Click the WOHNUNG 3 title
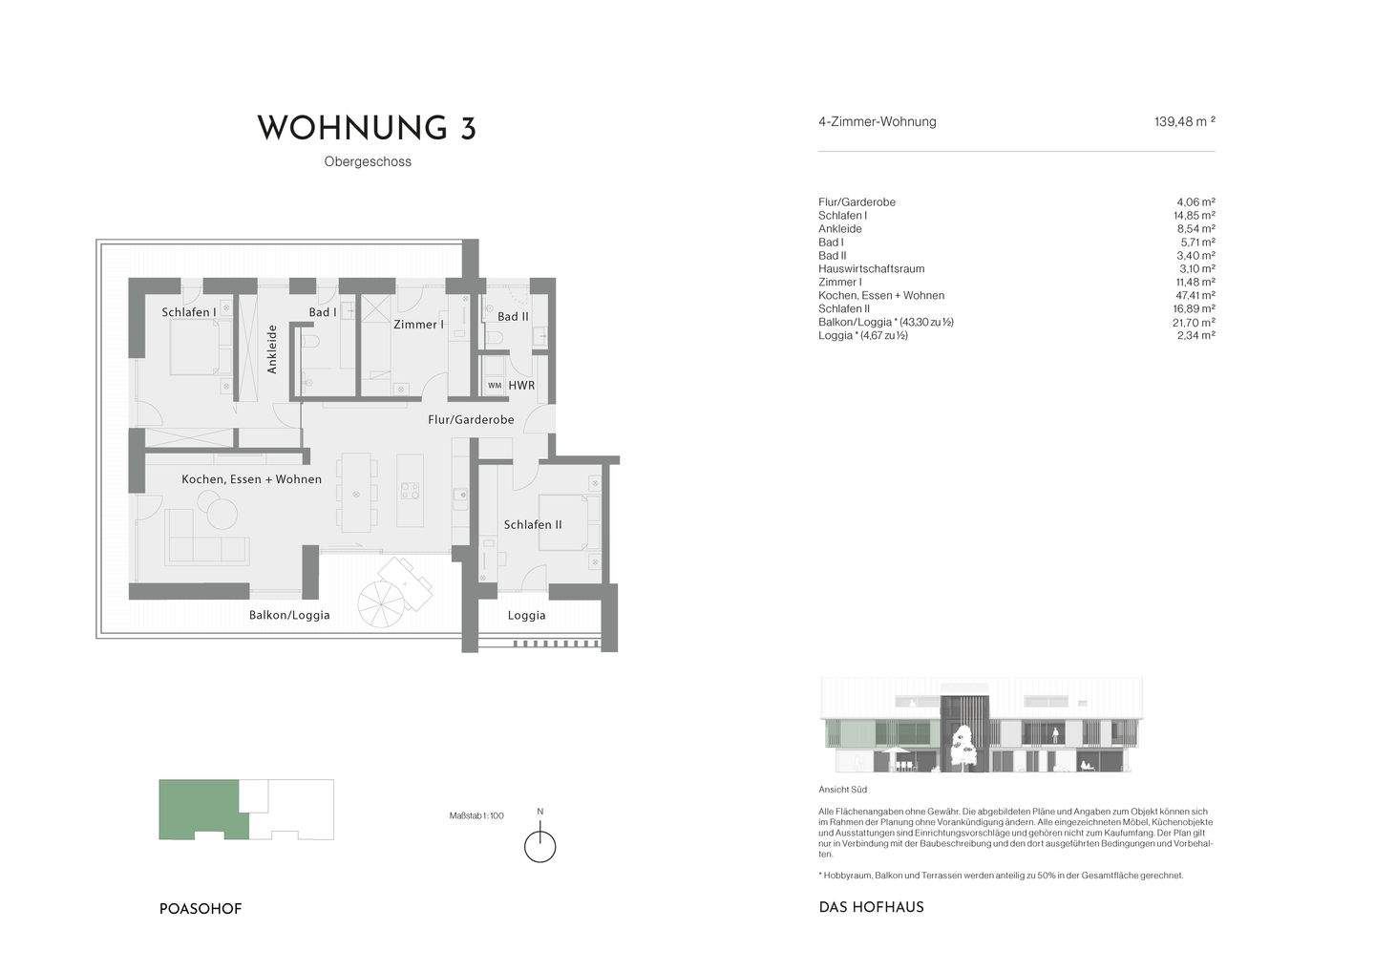coord(367,129)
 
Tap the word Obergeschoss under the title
coord(368,162)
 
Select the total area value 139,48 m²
coord(1184,122)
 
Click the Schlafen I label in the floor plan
coord(188,312)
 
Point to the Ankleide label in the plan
coord(272,349)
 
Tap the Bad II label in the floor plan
coord(513,316)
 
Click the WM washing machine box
coord(494,386)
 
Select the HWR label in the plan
coord(521,386)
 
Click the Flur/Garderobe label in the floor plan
coord(470,420)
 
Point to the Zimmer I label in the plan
coord(418,325)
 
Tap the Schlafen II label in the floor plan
coord(533,525)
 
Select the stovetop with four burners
coord(409,491)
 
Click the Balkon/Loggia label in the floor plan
coord(289,616)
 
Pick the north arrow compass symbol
coord(540,846)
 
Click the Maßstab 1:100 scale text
coord(476,816)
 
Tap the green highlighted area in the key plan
coord(201,807)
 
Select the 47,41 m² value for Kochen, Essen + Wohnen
coord(1195,296)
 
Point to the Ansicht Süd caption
coord(843,791)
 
